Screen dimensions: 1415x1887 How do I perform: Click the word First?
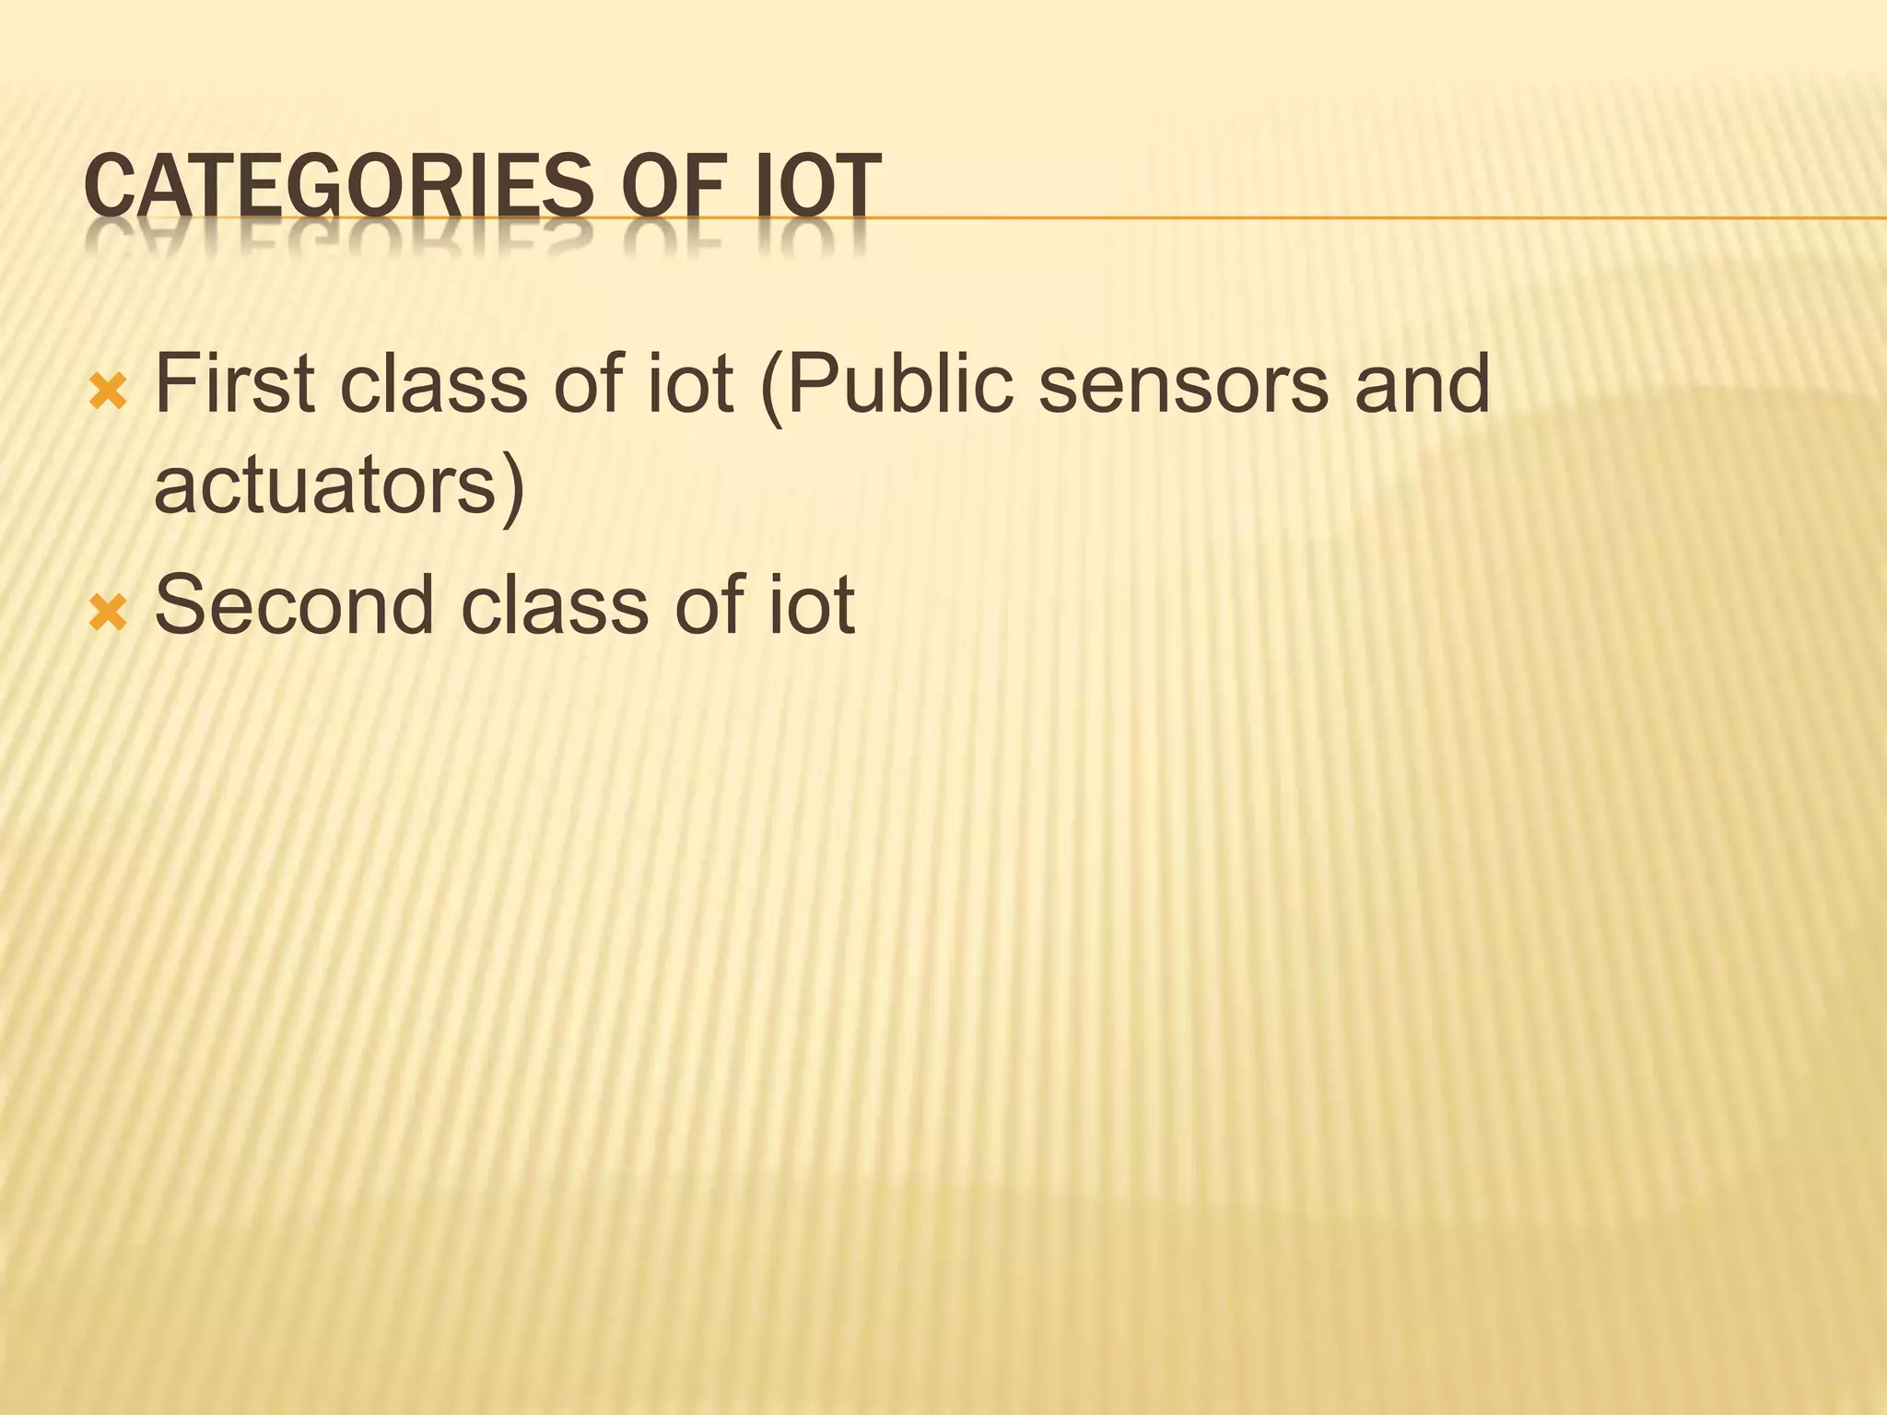(235, 383)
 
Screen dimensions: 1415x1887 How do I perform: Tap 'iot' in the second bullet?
(812, 605)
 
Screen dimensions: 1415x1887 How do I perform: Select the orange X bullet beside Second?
(107, 614)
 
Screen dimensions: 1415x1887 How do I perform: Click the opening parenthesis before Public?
(772, 387)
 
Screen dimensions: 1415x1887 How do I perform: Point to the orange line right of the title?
(1382, 218)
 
